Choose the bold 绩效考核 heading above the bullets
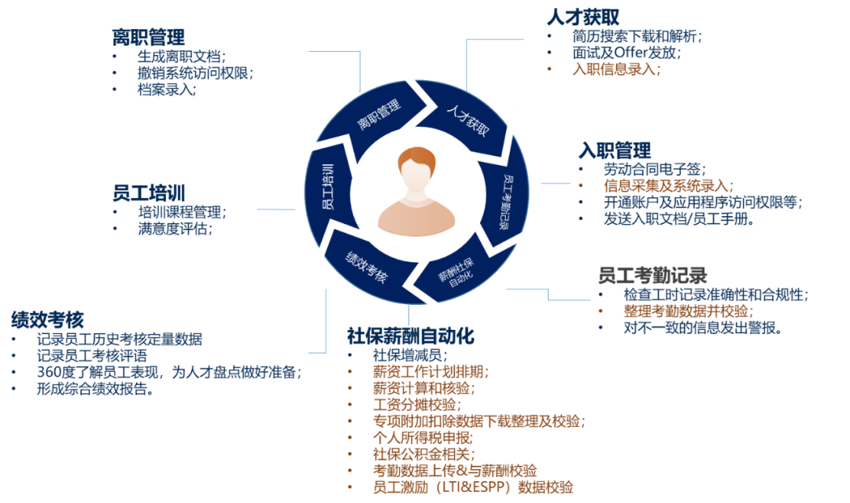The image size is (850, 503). tap(47, 319)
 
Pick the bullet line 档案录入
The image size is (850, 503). tap(166, 90)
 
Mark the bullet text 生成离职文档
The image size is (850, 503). tap(181, 57)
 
